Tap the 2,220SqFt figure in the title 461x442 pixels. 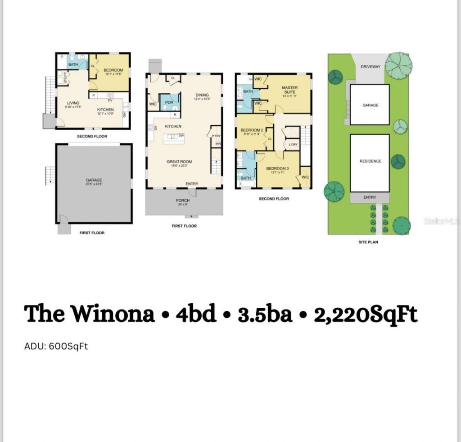(366, 314)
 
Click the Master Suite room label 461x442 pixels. (289, 90)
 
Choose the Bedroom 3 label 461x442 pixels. (277, 168)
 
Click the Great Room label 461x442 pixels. (179, 161)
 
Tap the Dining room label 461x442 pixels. (202, 95)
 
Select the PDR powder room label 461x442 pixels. (169, 102)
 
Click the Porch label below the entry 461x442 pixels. (183, 200)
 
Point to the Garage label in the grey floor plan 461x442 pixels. (94, 180)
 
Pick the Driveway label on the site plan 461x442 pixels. (371, 67)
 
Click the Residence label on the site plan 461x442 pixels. (370, 161)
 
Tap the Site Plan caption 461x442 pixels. (368, 242)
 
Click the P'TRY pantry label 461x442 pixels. (216, 135)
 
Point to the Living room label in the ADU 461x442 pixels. (73, 103)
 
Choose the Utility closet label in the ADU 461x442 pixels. (65, 78)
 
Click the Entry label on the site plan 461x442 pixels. (370, 197)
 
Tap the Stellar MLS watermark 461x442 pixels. (441, 221)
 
